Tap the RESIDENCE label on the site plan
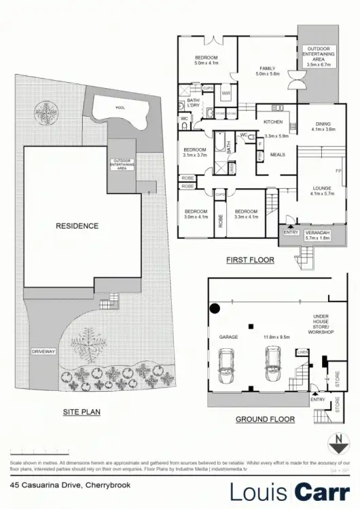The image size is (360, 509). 77,226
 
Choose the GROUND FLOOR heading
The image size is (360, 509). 265,419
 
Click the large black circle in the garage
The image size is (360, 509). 215,309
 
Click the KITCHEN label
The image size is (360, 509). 273,121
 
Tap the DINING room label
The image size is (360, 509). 323,124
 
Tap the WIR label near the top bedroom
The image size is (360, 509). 226,93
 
